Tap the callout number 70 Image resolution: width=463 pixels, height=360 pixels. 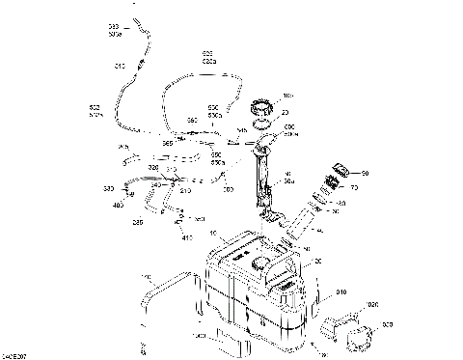point(353,188)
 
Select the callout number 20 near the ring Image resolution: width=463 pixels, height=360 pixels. point(285,112)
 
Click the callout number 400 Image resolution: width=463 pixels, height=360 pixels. point(119,205)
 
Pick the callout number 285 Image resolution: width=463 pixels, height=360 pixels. point(138,221)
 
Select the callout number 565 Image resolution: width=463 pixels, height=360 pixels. point(167,143)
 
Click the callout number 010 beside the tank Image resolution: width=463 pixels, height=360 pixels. point(340,291)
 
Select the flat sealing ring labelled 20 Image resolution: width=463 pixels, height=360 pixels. point(261,121)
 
